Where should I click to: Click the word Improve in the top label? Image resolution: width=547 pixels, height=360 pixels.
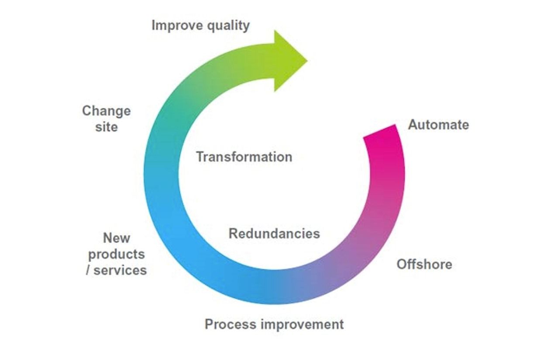pos(176,26)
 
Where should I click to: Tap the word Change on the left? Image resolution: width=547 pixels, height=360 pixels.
pos(106,111)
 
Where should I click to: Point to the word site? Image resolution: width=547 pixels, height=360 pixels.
pos(106,127)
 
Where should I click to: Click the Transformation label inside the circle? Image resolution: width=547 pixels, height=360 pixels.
pos(244,157)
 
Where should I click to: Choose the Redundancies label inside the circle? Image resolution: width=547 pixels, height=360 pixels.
pos(274,233)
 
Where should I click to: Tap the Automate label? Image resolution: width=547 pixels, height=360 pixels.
pos(438,125)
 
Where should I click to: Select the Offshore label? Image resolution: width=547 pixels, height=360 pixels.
pos(424,264)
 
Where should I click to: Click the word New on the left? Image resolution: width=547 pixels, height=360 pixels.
pos(117,238)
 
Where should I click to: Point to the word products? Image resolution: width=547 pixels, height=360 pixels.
pos(117,254)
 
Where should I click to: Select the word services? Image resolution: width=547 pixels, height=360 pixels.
pos(120,270)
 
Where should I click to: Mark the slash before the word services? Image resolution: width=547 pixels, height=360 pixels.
pos(88,270)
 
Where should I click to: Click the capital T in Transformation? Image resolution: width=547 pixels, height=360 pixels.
pos(200,157)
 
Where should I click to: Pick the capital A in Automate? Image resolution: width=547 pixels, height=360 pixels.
pos(413,125)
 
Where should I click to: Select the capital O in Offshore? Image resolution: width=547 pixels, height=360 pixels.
pos(402,264)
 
